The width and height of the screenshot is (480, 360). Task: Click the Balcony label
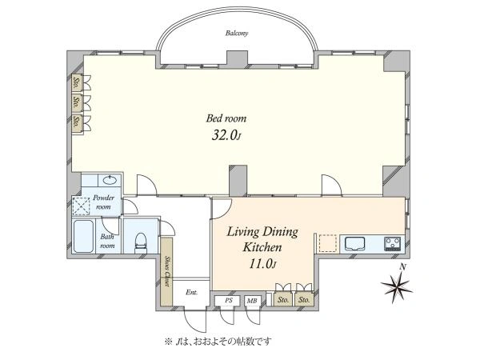coord(237,33)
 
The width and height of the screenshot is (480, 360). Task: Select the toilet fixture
coord(141,242)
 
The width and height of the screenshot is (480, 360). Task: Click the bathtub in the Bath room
coord(83,236)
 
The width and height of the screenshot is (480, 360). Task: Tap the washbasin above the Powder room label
coord(110,180)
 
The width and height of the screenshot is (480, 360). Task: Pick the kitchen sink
coord(354,244)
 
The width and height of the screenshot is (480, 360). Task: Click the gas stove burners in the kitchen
coord(393,244)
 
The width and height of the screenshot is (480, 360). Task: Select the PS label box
coord(229,301)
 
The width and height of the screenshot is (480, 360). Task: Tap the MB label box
coord(252,301)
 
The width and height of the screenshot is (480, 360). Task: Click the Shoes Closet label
coord(167,271)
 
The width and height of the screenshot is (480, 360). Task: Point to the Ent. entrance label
coord(192,292)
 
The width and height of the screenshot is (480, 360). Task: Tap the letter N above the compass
coord(403,267)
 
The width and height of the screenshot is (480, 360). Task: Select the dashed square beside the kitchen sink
coord(327,243)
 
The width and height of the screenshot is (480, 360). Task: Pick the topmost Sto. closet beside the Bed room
coord(77,82)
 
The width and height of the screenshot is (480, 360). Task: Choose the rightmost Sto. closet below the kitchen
coord(304,299)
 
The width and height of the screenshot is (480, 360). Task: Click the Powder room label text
coord(103,202)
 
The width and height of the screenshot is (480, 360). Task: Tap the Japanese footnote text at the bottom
coord(218,341)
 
